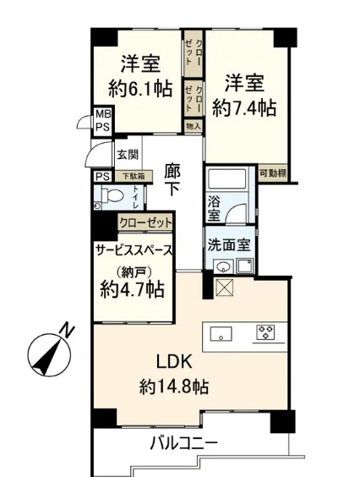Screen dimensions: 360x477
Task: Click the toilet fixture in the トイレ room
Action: (111, 195)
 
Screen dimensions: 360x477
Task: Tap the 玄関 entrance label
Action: (128, 155)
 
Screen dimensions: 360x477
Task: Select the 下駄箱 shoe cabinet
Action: (134, 176)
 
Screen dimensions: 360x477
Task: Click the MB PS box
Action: (103, 121)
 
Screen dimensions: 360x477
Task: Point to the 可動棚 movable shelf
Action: (273, 173)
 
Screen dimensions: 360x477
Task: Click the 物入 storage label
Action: (194, 126)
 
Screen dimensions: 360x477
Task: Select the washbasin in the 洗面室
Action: (223, 266)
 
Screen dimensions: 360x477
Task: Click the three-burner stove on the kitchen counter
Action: (265, 332)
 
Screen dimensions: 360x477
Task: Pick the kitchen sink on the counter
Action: (221, 333)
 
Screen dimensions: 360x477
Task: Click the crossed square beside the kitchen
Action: (224, 288)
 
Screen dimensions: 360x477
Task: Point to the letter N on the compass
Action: (68, 331)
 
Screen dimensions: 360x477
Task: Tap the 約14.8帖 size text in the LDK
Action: (174, 387)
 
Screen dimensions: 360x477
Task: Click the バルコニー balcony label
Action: (184, 443)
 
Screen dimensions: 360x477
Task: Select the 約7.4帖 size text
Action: (244, 107)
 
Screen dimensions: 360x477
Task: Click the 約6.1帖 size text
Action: (140, 88)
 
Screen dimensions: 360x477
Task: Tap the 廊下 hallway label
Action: (172, 180)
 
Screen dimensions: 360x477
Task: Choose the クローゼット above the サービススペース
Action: (145, 223)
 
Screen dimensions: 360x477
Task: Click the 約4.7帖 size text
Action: (133, 289)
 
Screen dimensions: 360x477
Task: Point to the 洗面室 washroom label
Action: (229, 244)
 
